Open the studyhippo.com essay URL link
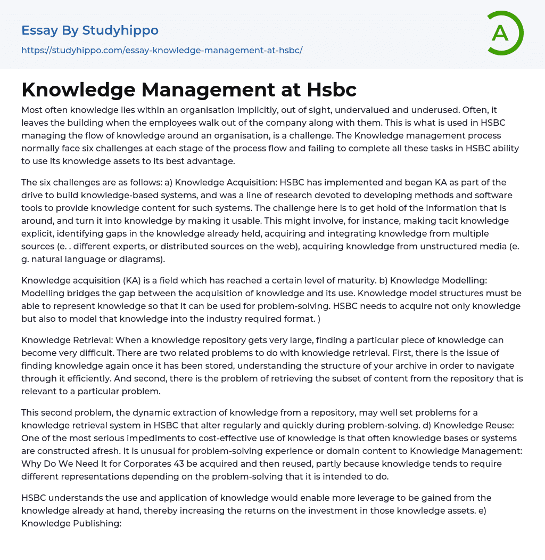tap(162, 50)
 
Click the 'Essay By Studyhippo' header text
tap(90, 30)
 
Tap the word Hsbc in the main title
tap(332, 90)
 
